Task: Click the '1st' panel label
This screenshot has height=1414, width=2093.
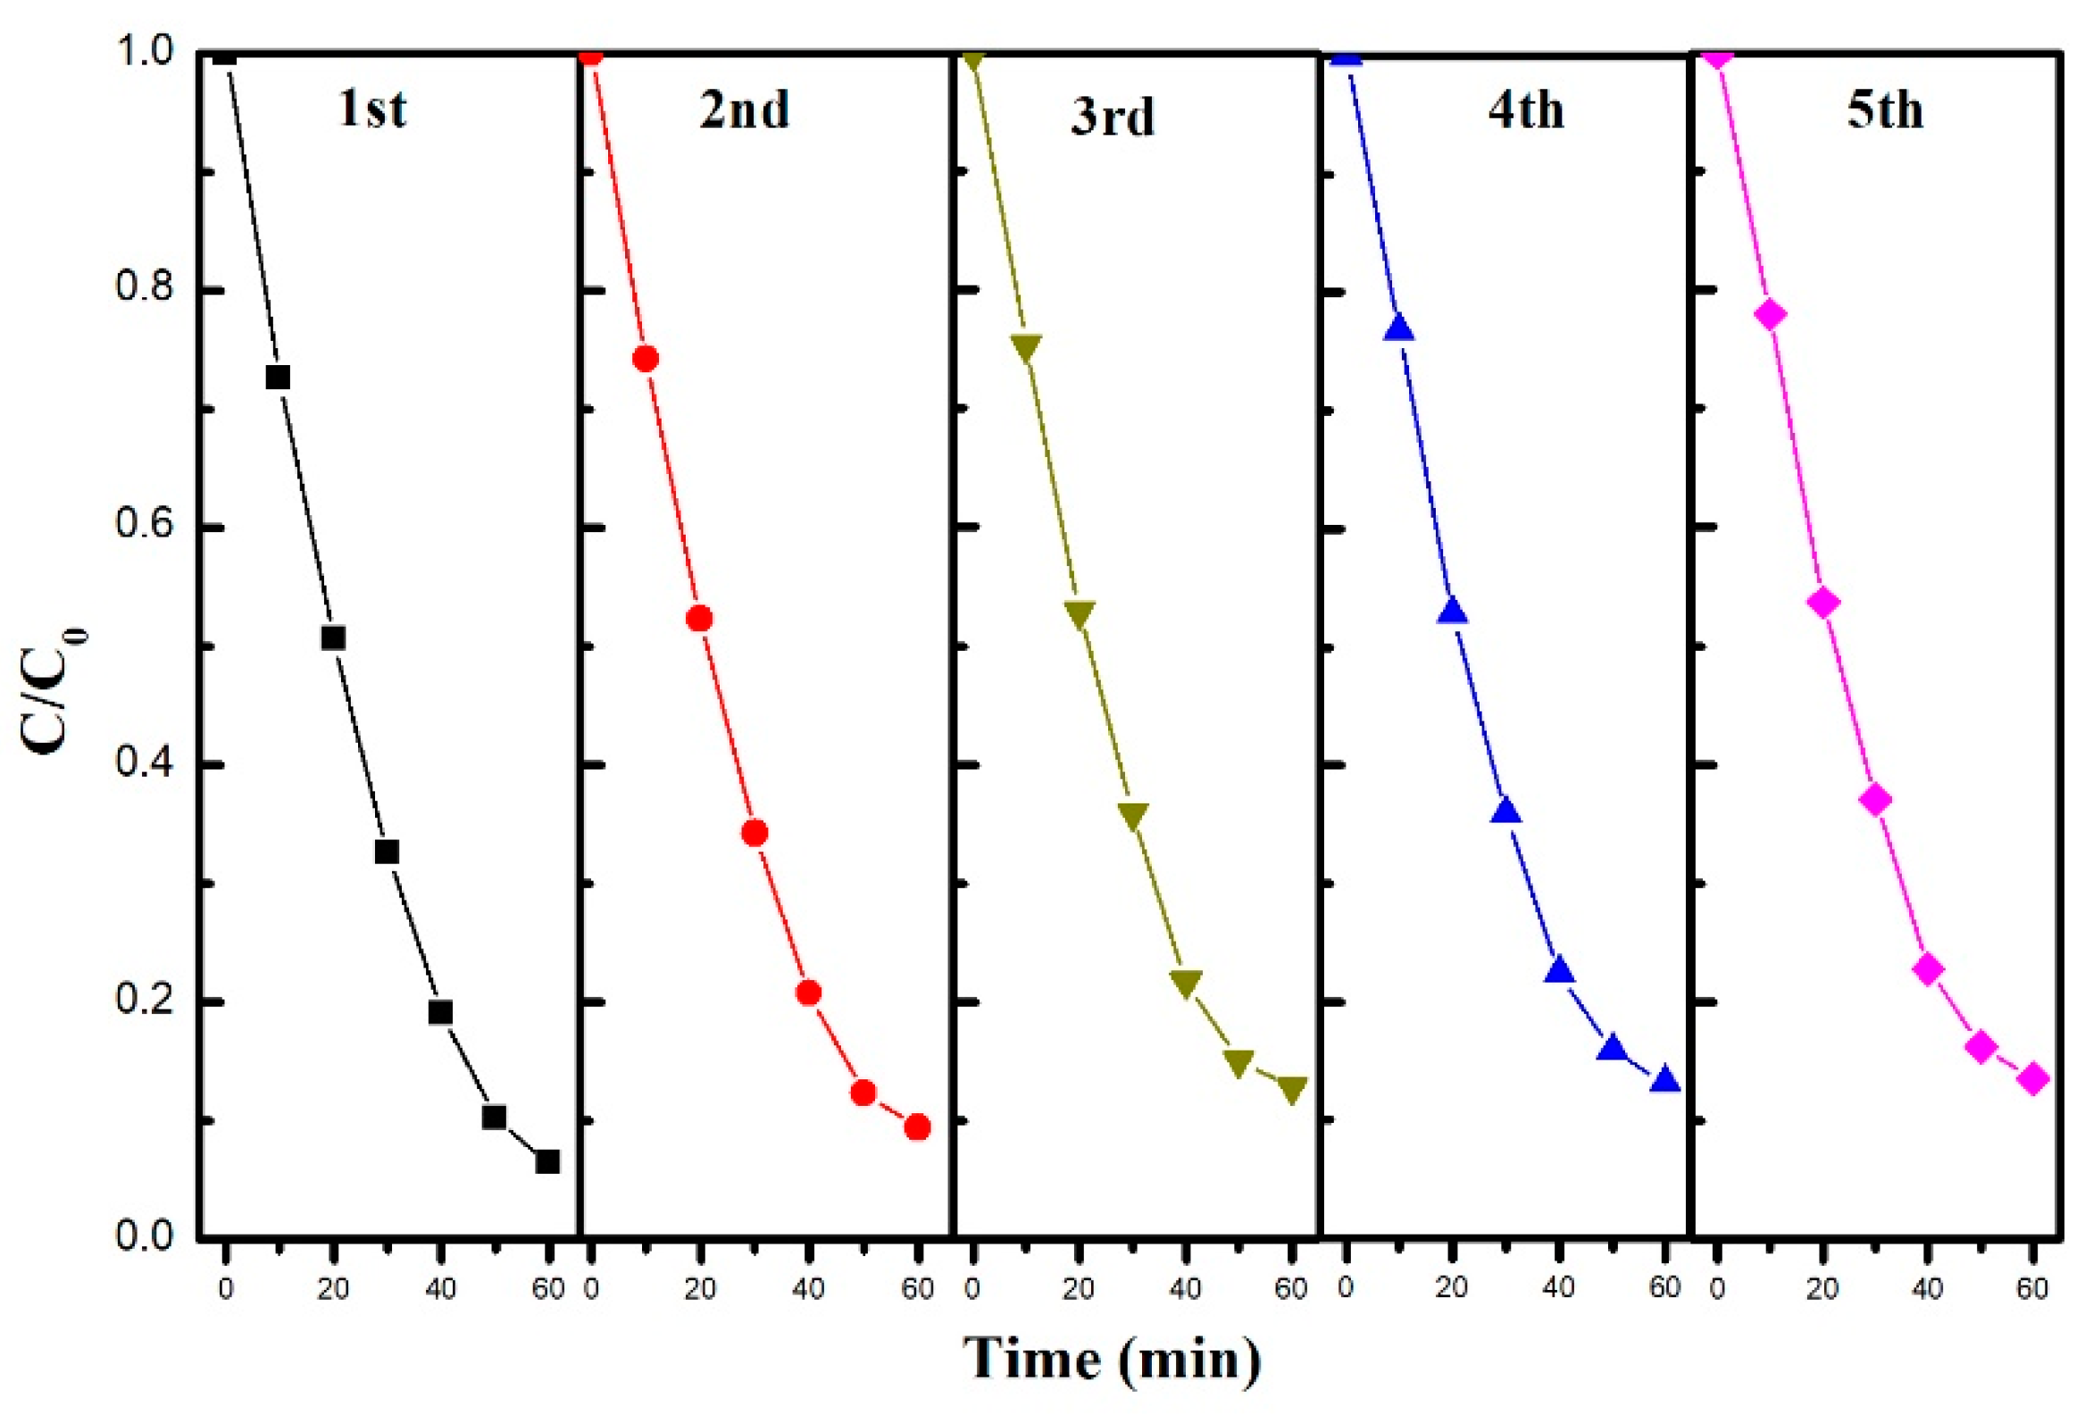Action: tap(372, 110)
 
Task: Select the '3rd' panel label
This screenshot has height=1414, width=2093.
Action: tap(1113, 117)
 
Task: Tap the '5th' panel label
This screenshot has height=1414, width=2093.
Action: tap(1885, 111)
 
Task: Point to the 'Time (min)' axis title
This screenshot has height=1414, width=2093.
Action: tap(1113, 1357)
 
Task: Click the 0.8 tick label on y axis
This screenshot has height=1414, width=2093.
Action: tap(144, 290)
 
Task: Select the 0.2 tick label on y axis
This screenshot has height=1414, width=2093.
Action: tap(144, 1001)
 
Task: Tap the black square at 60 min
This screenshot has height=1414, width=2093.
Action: tap(547, 1162)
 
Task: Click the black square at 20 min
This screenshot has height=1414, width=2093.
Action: tap(333, 638)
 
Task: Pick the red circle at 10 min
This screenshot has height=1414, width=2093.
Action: tap(646, 359)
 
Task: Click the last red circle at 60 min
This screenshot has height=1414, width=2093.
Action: tap(917, 1127)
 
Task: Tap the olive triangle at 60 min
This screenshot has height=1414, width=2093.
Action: tap(1292, 1091)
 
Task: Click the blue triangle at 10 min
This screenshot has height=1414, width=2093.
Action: tap(1398, 329)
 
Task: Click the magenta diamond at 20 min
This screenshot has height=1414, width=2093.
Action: tap(1822, 603)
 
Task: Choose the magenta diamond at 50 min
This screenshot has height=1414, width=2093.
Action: tap(1981, 1046)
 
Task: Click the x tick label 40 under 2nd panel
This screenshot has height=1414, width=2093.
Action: tap(808, 1289)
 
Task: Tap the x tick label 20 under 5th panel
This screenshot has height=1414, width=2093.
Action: tap(1822, 1289)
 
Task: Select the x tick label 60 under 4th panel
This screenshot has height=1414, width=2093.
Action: tap(1665, 1287)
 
